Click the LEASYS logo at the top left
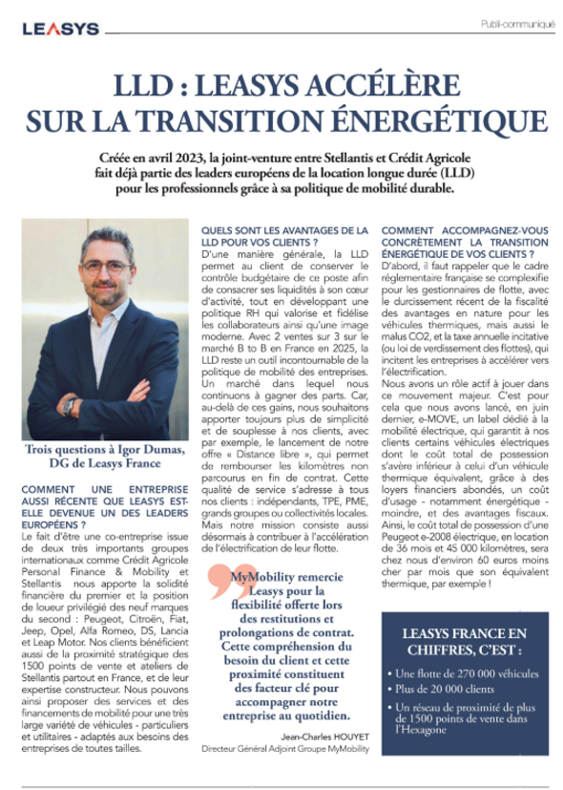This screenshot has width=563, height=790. coord(60,30)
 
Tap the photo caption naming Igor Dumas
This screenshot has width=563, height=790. coord(105,457)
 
